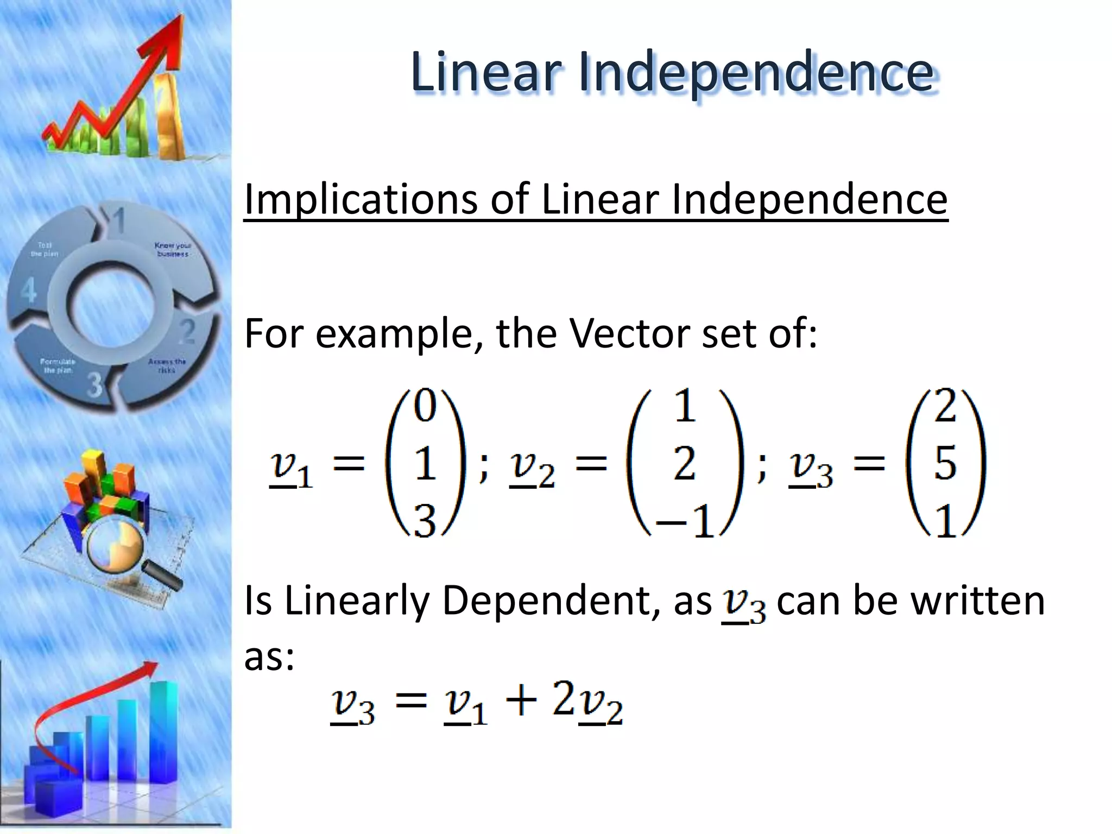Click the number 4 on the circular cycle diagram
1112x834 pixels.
(28, 290)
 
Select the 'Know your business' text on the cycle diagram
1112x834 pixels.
(172, 249)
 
